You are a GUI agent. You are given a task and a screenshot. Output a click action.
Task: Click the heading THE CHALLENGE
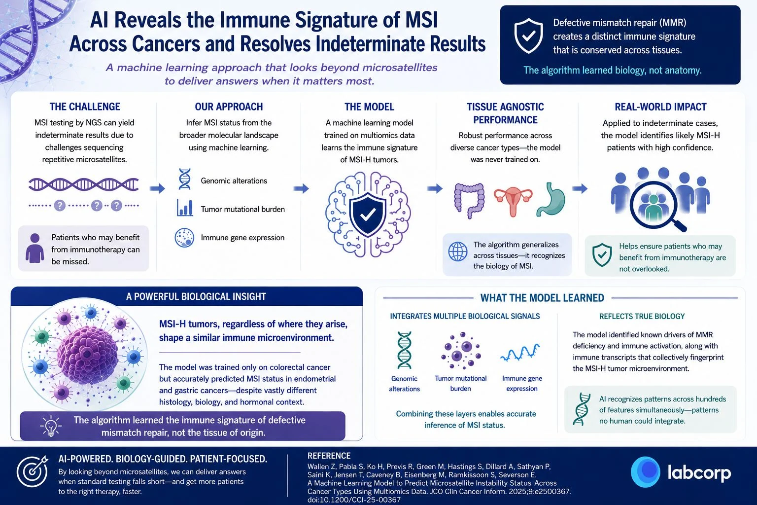(x=85, y=107)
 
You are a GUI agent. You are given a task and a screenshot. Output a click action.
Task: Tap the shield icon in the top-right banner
(x=528, y=36)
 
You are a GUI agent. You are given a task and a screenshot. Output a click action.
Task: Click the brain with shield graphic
(x=368, y=214)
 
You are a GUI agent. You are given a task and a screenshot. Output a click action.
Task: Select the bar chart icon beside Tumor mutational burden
(x=185, y=208)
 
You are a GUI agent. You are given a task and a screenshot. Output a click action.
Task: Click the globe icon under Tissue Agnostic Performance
(x=458, y=252)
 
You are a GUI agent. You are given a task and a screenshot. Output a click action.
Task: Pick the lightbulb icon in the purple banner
(x=51, y=426)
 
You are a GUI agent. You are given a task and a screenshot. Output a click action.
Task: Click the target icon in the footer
(x=33, y=471)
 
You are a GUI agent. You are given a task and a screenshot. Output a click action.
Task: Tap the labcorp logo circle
(x=646, y=472)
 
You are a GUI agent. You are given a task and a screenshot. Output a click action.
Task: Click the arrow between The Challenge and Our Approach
(x=157, y=188)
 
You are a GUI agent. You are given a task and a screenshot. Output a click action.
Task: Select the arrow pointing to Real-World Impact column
(x=580, y=188)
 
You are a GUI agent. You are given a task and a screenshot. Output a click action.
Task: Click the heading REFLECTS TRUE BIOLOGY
(x=642, y=316)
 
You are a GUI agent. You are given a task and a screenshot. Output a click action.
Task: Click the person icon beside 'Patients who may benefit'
(x=35, y=248)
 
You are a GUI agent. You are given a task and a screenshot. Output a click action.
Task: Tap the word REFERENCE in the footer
(x=329, y=456)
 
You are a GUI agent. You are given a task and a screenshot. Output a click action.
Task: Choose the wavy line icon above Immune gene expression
(x=520, y=353)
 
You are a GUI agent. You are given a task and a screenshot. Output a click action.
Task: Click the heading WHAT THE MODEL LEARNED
(x=542, y=298)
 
